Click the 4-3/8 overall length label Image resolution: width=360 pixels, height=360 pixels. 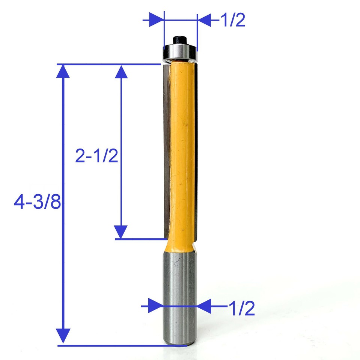pos(37,204)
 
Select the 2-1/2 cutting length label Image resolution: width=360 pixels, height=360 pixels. pos(96,156)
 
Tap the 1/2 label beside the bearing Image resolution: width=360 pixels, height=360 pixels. pos(233,20)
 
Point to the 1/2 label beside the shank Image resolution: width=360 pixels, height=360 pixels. pos(242,309)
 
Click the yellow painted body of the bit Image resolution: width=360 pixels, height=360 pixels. pos(182,150)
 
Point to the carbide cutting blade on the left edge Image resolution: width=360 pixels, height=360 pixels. pos(166,150)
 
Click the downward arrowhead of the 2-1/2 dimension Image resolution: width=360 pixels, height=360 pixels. pos(121,232)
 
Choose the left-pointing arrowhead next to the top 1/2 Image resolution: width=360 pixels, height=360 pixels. pos(204,19)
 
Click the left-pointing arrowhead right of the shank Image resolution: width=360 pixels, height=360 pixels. pos(205,306)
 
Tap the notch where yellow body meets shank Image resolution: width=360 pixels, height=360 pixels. pos(194,248)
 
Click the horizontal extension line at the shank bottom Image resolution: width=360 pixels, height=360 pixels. pos(113,345)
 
